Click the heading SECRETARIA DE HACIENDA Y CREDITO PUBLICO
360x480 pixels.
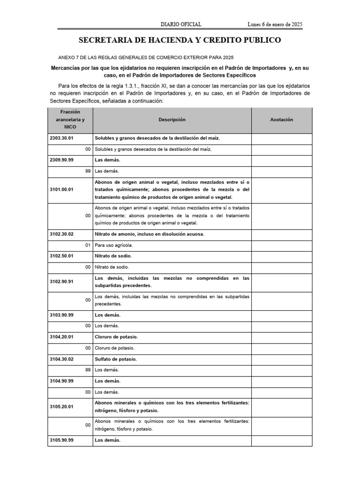[180, 40]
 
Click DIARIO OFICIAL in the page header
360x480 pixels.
[181, 24]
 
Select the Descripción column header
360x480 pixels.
[172, 120]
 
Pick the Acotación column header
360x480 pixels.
[282, 120]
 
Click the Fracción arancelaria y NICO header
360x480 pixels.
[70, 120]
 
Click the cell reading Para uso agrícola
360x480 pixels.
[114, 245]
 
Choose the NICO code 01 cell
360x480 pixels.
[88, 245]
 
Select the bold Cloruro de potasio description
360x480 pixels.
[116, 337]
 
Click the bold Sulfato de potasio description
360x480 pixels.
[116, 359]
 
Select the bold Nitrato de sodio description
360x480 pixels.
[113, 256]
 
